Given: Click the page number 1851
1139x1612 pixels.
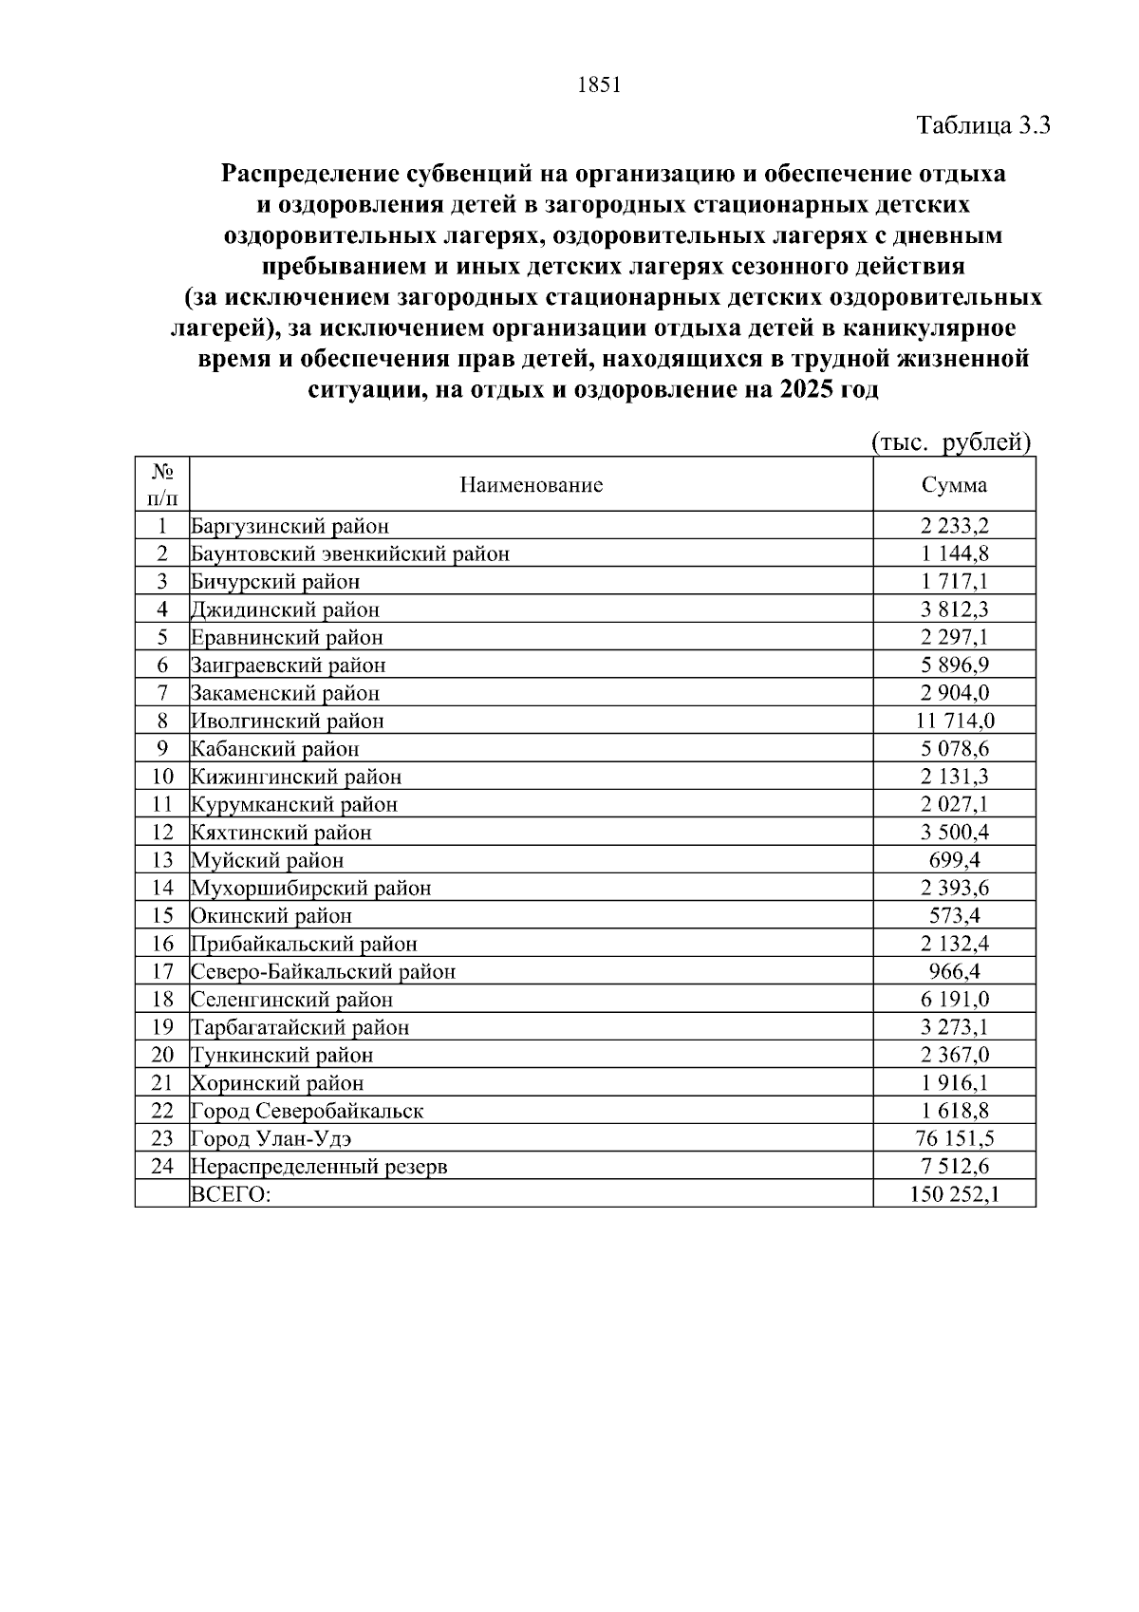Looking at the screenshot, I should coord(598,85).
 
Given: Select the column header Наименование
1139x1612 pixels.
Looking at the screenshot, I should coord(531,485).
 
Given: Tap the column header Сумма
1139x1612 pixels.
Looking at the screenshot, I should coord(954,485).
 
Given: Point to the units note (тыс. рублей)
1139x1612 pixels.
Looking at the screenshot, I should coord(950,442).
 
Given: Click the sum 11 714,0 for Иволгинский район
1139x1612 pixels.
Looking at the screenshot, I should coord(954,721).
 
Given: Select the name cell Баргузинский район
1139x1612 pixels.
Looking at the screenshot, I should coord(289,526).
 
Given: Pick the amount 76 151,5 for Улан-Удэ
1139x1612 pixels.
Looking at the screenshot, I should coord(954,1138).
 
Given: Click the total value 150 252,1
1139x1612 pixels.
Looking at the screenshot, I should coord(954,1194).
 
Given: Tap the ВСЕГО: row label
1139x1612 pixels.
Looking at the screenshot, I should coord(231,1194).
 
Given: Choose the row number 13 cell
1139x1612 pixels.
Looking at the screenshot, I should coord(162,860).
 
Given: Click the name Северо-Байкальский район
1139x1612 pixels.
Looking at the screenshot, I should coord(323,971).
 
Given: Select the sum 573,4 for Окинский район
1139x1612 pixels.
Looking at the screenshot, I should coord(954,916).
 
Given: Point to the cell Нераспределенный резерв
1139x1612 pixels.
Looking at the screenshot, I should coord(319,1167).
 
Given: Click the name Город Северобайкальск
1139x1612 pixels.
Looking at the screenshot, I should coord(307,1111).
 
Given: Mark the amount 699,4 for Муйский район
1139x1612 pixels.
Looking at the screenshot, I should coord(954,860).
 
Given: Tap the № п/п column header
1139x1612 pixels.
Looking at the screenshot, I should coord(162,484).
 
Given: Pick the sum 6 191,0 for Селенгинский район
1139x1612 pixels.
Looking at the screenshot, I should coord(954,1000).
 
